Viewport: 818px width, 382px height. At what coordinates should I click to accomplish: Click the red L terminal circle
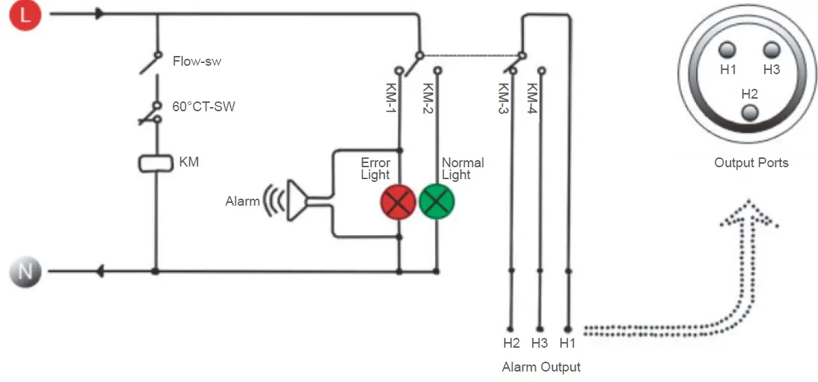click(26, 15)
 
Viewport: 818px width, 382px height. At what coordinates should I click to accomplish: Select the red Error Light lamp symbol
click(398, 202)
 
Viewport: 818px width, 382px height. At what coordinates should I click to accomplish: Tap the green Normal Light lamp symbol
click(437, 202)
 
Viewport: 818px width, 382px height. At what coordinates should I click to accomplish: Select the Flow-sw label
click(197, 62)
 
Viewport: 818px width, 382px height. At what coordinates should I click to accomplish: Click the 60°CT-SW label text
click(204, 107)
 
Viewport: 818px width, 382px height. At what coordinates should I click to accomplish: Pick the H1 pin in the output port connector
click(728, 50)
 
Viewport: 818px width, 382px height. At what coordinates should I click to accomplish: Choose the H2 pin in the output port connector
click(749, 112)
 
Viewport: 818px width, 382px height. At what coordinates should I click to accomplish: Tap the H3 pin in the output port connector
click(771, 50)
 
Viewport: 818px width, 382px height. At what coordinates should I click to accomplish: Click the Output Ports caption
click(751, 163)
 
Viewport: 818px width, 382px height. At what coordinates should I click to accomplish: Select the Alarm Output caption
click(541, 367)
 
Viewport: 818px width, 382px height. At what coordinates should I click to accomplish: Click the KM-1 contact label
click(391, 99)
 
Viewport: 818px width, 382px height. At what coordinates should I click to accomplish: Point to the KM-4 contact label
click(532, 99)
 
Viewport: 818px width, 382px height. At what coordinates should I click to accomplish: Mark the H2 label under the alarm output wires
click(511, 343)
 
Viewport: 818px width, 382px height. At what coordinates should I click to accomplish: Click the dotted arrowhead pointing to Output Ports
click(749, 213)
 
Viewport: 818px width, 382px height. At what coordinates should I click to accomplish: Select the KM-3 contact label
click(503, 99)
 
